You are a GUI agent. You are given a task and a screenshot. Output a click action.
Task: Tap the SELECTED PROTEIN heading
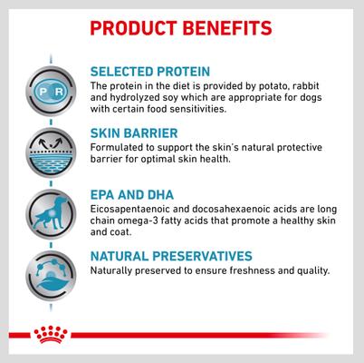(149, 71)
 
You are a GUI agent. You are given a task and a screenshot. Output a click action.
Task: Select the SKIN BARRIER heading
(135, 132)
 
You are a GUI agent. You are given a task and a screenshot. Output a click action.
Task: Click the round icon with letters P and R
(43, 93)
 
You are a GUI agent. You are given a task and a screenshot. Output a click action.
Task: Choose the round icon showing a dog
(43, 211)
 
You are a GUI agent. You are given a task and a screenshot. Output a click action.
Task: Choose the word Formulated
(120, 147)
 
